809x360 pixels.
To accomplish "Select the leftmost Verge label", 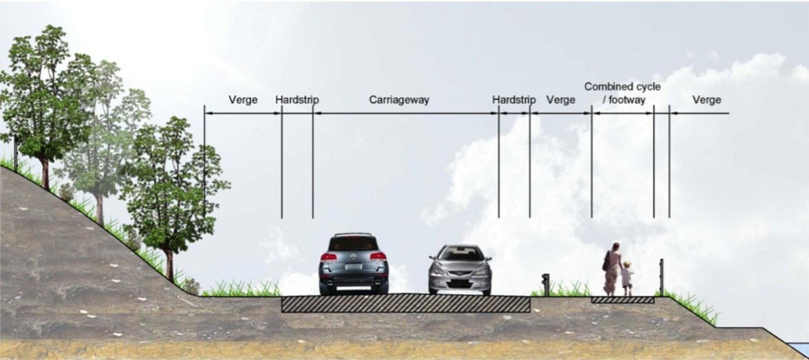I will [x=243, y=100].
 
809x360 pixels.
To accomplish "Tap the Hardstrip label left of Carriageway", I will [x=296, y=100].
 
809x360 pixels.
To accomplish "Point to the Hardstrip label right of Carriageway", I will [x=513, y=100].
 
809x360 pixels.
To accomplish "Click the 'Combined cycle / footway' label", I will [x=622, y=93].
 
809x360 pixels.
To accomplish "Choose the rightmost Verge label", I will [x=706, y=100].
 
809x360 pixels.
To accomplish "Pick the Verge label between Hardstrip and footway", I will [x=560, y=100].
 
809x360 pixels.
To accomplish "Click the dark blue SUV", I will [x=354, y=264].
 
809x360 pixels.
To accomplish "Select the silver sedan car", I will [x=460, y=270].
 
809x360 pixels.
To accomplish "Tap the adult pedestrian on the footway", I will [x=612, y=268].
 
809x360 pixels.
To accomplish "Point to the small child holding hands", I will [x=627, y=277].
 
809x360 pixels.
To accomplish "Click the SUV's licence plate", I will [x=353, y=266].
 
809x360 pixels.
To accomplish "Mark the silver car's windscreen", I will [x=460, y=254].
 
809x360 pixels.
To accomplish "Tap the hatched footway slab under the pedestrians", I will [x=623, y=300].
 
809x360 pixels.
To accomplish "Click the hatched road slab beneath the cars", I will [x=406, y=304].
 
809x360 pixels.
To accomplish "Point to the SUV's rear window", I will [x=354, y=244].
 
